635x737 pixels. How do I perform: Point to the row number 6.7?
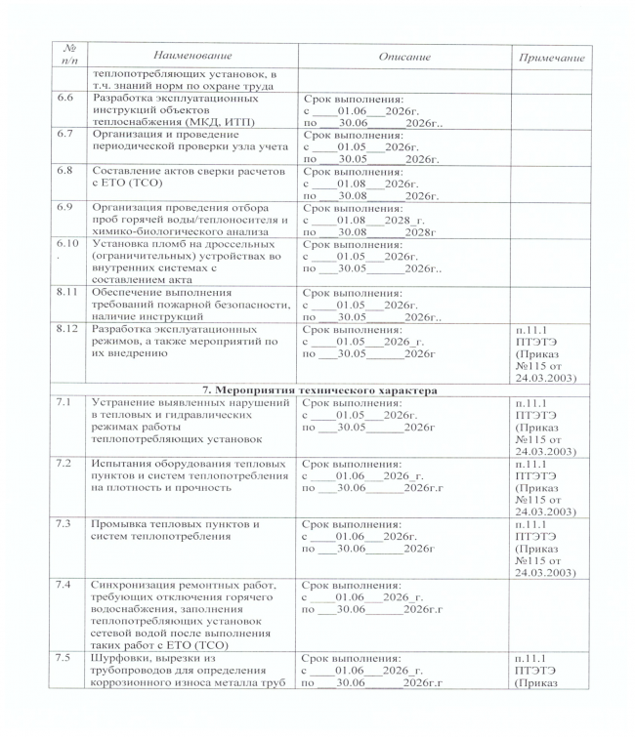coord(66,134)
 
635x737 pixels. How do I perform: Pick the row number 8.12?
coord(68,329)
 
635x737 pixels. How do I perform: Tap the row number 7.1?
coord(66,403)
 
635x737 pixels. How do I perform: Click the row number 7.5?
coord(66,660)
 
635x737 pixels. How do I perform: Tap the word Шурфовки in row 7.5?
coord(122,660)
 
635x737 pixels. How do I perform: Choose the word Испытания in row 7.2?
coord(124,461)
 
